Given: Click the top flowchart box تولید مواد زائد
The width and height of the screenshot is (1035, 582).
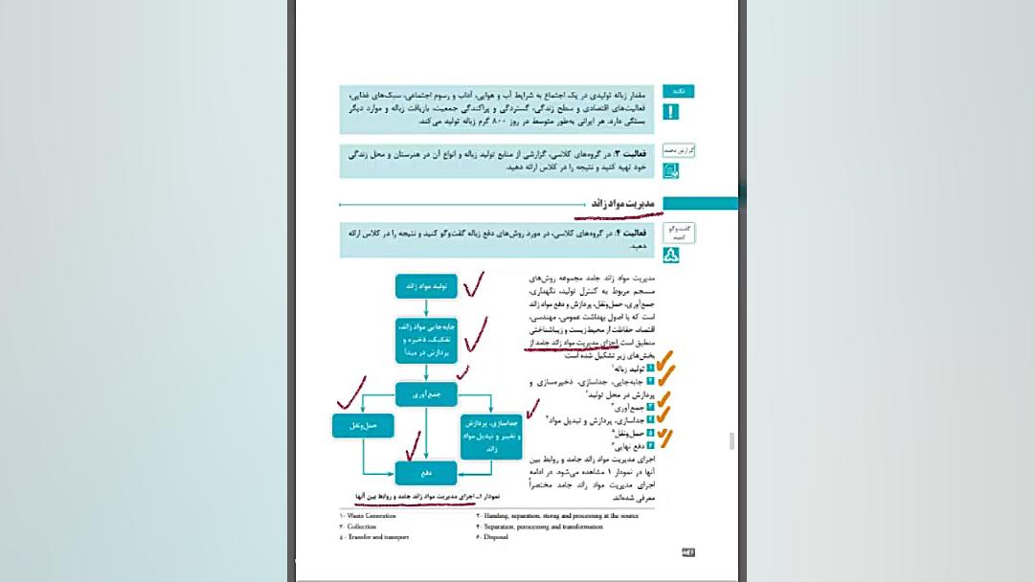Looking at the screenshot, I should pyautogui.click(x=426, y=285).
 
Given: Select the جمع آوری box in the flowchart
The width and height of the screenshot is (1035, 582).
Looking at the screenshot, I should pyautogui.click(x=426, y=393).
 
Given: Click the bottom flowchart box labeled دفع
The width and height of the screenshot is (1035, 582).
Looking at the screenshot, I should pyautogui.click(x=426, y=472).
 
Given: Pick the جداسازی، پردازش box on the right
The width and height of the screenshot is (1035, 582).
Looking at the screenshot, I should pyautogui.click(x=489, y=436).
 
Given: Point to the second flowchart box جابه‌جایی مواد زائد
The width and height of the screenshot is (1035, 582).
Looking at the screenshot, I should pyautogui.click(x=426, y=341).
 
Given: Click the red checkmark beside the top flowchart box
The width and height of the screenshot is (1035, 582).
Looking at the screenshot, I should pyautogui.click(x=473, y=283).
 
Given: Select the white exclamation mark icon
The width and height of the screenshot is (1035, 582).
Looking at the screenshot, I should pyautogui.click(x=671, y=112).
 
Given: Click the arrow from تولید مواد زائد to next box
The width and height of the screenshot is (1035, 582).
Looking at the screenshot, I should pyautogui.click(x=426, y=306).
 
